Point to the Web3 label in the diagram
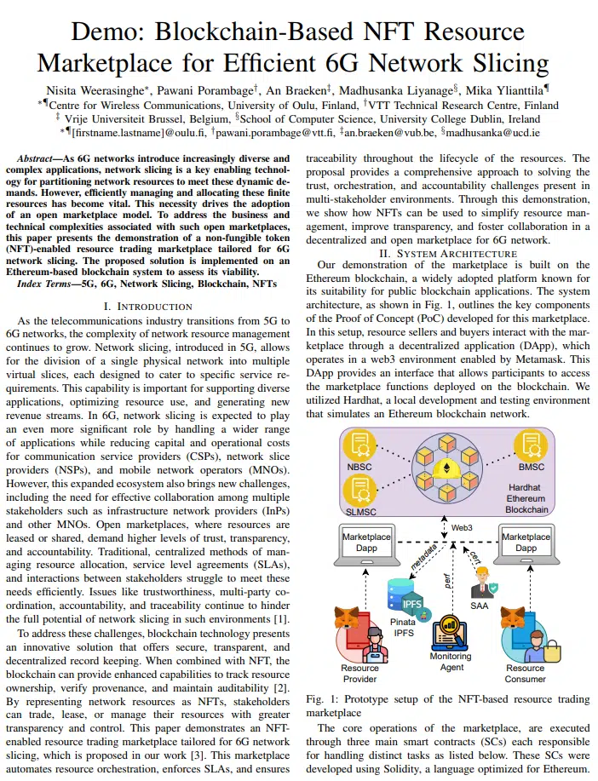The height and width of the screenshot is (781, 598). pos(462,528)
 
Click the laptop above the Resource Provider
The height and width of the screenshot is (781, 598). pos(365,545)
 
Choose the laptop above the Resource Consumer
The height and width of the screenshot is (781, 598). pos(526,545)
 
